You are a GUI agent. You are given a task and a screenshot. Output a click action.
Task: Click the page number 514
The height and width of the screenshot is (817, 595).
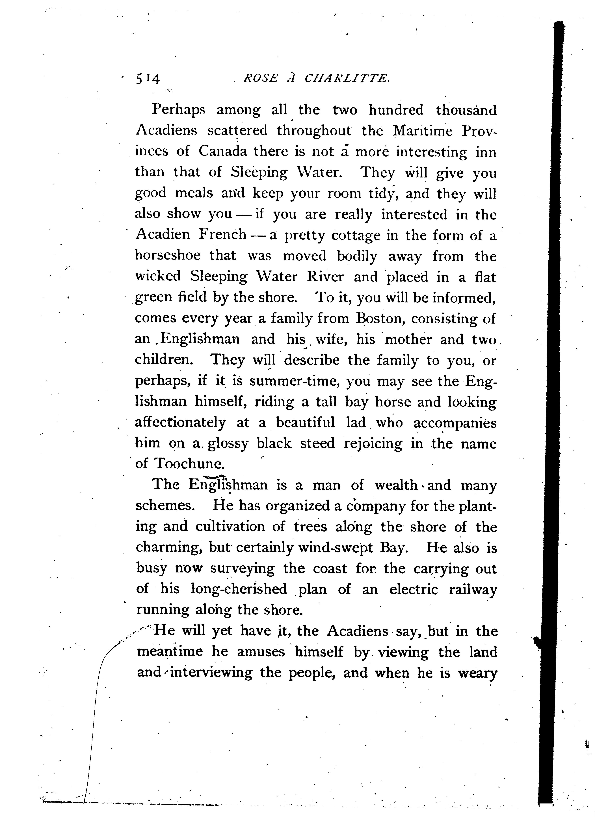[148, 78]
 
